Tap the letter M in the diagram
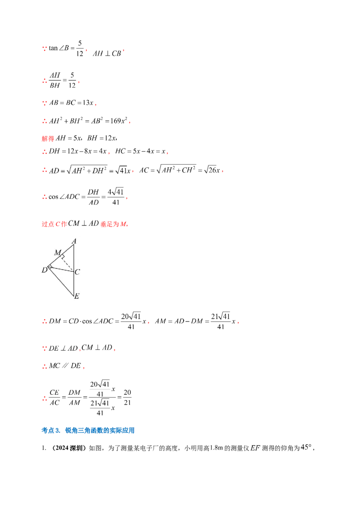pyautogui.click(x=57, y=253)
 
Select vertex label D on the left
pyautogui.click(x=44, y=270)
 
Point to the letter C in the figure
pyautogui.click(x=77, y=272)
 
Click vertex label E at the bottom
pyautogui.click(x=76, y=296)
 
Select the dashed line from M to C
pyautogui.click(x=69, y=263)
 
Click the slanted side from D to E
pyautogui.click(x=61, y=282)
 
